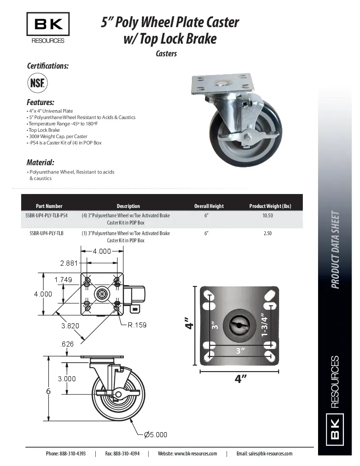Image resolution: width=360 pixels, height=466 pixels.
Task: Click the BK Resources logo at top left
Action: [48, 28]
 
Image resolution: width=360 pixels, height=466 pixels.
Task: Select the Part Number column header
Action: [49, 206]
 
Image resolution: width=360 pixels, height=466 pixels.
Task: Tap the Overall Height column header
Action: [209, 206]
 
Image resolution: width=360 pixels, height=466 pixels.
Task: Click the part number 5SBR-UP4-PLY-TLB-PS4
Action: [46, 216]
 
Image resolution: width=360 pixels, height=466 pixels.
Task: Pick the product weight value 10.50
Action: [267, 216]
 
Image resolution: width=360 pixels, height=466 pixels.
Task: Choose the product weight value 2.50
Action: [267, 233]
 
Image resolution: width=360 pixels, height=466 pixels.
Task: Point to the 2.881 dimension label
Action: [69, 263]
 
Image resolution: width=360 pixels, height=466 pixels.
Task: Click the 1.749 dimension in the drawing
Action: [63, 280]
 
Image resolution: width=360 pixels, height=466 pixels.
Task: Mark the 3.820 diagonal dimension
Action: [70, 326]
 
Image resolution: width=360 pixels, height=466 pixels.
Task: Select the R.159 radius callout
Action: [137, 325]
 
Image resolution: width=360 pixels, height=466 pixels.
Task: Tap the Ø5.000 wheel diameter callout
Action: [155, 435]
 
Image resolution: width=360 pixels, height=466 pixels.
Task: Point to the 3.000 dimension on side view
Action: [67, 379]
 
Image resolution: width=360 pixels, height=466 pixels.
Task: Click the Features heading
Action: [40, 103]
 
